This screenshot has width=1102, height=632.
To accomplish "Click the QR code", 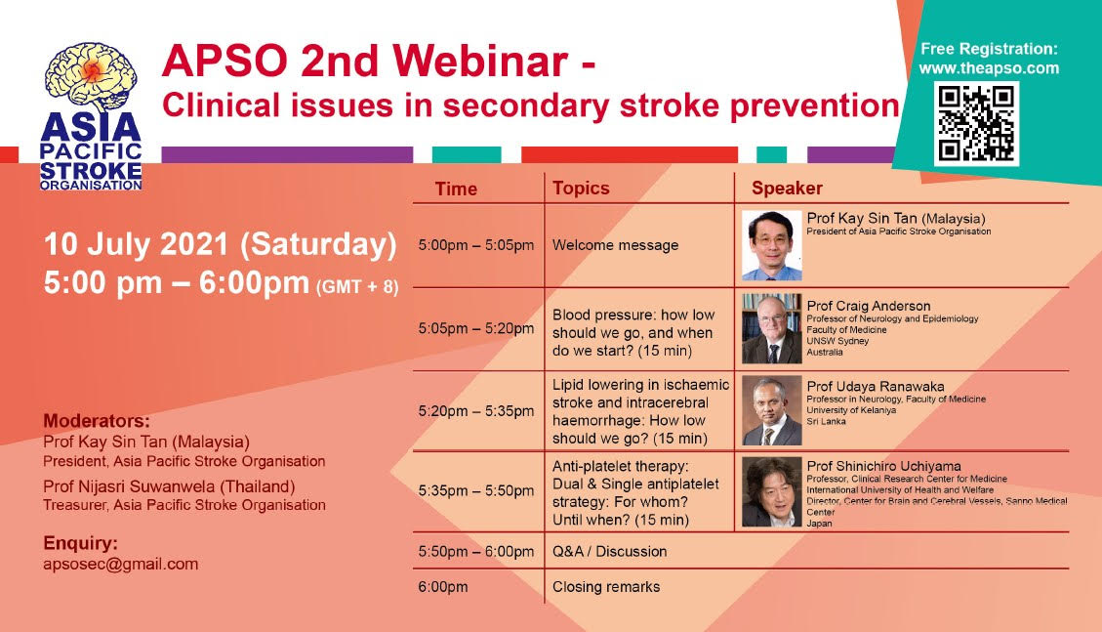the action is coord(976,124).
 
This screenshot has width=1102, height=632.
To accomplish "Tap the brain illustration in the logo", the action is coord(91,76).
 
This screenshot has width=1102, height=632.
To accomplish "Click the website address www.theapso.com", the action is coord(989,68).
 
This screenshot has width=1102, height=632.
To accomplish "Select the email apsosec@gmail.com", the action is coord(121,564).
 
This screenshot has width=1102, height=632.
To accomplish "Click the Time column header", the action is coord(456,189).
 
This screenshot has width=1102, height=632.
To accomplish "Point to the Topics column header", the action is coord(581,188).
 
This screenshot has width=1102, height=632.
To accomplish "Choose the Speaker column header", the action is coord(787,188).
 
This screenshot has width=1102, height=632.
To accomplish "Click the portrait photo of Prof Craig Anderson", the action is coord(772,328).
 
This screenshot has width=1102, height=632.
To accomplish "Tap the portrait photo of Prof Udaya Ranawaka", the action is coord(772,410).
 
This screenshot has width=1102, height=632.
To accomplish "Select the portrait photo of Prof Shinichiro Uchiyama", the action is coord(772,491).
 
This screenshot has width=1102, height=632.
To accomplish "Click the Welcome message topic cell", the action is coord(616,245).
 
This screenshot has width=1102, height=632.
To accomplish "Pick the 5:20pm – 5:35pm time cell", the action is coord(475,411).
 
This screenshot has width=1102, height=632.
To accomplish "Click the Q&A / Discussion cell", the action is coord(609,551).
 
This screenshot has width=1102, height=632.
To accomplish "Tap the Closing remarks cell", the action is coord(606,587).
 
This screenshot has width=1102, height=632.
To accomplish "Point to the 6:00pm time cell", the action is coord(443,587).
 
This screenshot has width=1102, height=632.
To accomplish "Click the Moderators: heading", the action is coord(97,421).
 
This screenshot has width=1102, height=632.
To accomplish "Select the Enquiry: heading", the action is coord(80,543).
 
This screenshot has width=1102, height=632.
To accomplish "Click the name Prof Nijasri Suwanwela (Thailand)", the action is coord(169,486).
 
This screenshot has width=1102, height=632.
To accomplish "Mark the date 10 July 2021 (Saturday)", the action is coord(220,244).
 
